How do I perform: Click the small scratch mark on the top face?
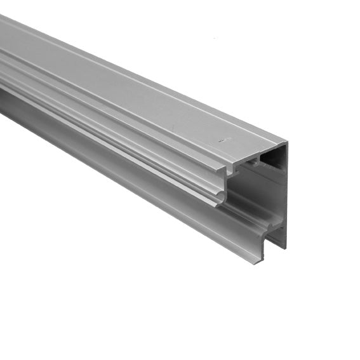[x=222, y=138]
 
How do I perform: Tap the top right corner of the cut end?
[x=287, y=143]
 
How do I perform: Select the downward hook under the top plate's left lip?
[x=230, y=170]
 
